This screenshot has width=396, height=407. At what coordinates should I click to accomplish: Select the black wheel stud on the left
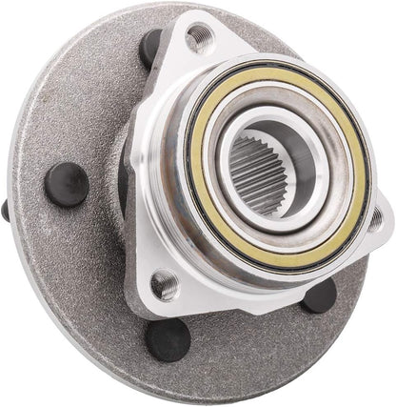click(x=67, y=184)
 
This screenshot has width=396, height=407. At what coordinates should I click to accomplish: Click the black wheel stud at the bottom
click(x=168, y=338)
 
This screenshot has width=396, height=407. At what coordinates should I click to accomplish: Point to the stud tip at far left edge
click(x=6, y=210)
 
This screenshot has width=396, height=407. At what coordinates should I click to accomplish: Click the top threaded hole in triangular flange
click(x=199, y=37)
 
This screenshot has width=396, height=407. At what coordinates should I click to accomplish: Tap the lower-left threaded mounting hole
click(x=165, y=283)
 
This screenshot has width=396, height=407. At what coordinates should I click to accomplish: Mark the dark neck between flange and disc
click(x=123, y=172)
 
